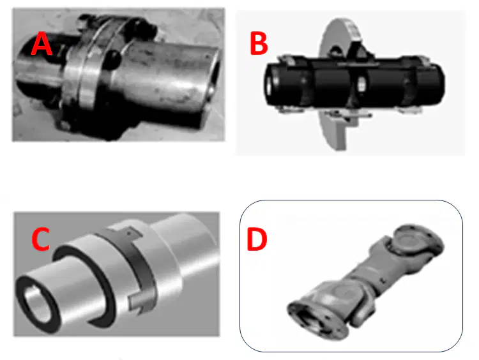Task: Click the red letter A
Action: (42, 44)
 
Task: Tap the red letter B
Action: (259, 43)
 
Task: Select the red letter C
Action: (41, 239)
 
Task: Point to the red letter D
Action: (257, 240)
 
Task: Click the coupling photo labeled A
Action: (119, 75)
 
